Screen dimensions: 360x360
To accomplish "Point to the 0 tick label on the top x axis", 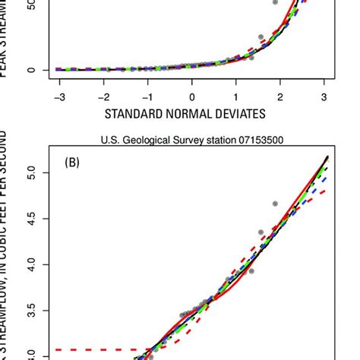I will pyautogui.click(x=192, y=96).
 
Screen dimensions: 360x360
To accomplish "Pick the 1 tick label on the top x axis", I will pyautogui.click(x=236, y=96).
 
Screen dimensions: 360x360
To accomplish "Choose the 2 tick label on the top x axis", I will pyautogui.click(x=280, y=96).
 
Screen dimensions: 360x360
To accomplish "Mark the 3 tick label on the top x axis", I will pyautogui.click(x=324, y=96).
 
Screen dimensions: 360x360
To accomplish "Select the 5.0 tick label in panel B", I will pyautogui.click(x=30, y=172).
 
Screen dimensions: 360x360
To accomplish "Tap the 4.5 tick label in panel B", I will pyautogui.click(x=30, y=219).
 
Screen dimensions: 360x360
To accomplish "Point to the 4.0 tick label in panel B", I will pyautogui.click(x=30, y=264).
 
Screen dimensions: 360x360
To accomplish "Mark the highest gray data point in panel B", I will pyautogui.click(x=275, y=204).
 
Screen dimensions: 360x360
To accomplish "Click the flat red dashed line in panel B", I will pyautogui.click(x=91, y=350).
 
